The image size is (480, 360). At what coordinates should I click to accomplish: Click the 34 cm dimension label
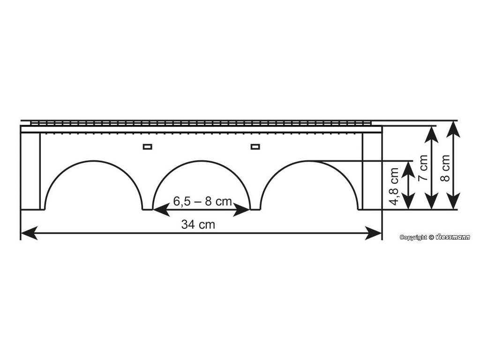pyautogui.click(x=198, y=225)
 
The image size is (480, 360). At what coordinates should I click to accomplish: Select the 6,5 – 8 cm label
pyautogui.click(x=202, y=201)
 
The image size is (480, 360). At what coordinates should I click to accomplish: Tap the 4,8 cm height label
pyautogui.click(x=394, y=187)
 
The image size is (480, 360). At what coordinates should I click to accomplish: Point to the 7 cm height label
pyautogui.click(x=423, y=169)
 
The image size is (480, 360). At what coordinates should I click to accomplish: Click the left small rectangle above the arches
pyautogui.click(x=148, y=147)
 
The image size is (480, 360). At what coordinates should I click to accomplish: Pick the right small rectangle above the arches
pyautogui.click(x=255, y=147)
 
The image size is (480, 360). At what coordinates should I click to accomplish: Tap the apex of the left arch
pyautogui.click(x=93, y=161)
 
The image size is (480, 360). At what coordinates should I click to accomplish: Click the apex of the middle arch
pyautogui.click(x=202, y=161)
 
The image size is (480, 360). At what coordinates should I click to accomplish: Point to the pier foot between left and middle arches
pyautogui.click(x=147, y=209)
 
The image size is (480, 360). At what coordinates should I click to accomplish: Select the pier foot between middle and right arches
pyautogui.click(x=255, y=209)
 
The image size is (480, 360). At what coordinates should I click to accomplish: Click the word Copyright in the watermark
pyautogui.click(x=413, y=238)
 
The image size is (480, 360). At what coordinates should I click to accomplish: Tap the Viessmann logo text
pyautogui.click(x=452, y=237)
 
